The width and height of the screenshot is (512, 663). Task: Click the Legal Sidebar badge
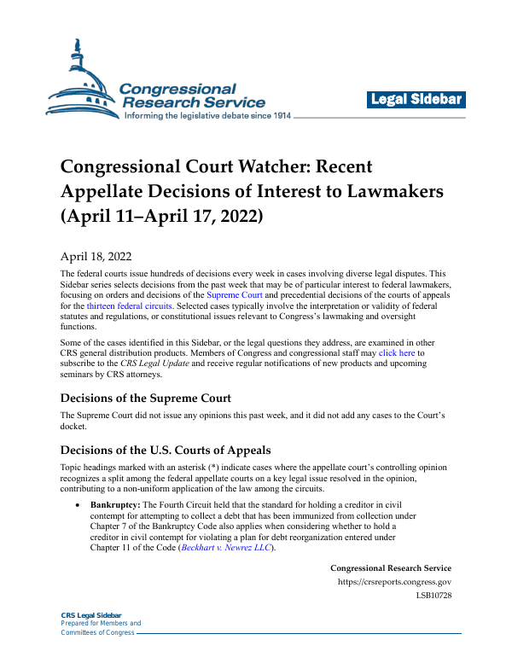pos(416,100)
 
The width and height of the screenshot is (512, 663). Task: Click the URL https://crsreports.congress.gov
pos(395,582)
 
